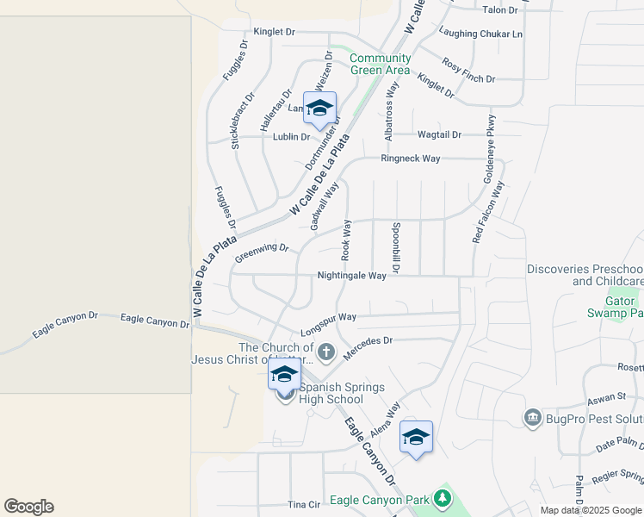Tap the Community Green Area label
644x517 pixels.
pos(380,65)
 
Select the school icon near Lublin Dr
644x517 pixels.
pos(319,109)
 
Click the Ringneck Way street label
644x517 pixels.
pos(411,159)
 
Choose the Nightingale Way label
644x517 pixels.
pos(351,276)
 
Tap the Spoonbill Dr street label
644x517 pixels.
pos(395,248)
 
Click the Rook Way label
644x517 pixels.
pos(347,240)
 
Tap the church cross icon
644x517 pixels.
pos(325,351)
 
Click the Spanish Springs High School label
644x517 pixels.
pos(331,393)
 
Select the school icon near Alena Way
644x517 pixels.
pos(416,438)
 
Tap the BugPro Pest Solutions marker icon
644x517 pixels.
pos(532,418)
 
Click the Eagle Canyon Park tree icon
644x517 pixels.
pos(443,499)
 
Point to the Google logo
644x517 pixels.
pos(28,507)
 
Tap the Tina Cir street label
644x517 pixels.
pos(303,504)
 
